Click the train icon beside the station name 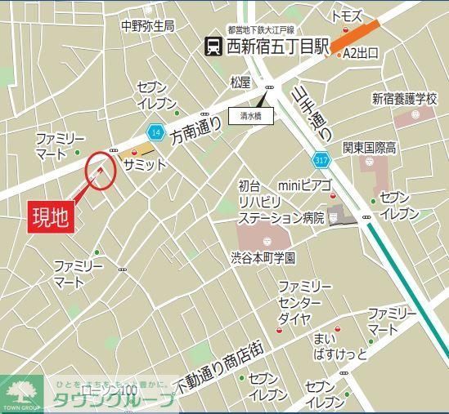coord(213,47)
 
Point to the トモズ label coord(346,16)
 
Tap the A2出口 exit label coord(361,53)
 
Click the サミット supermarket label coord(145,164)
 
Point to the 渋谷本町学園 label coord(263,256)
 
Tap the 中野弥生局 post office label coord(147,25)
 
